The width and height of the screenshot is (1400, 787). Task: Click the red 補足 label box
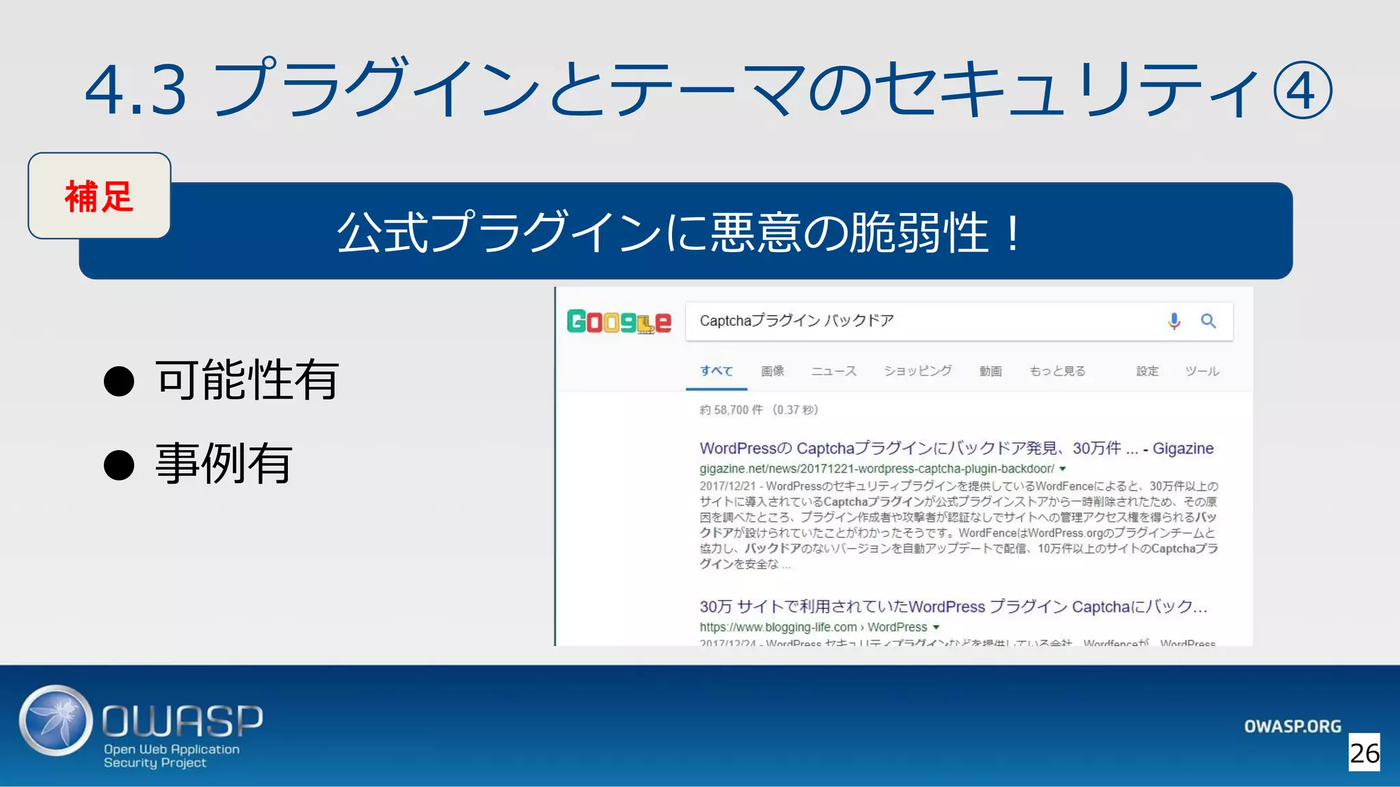tap(99, 196)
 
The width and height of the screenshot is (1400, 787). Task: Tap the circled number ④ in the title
tap(1302, 90)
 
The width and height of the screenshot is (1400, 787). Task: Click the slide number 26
tap(1364, 753)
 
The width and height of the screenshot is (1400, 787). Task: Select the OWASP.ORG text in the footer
tap(1292, 726)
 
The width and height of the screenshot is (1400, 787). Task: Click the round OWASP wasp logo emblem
tap(56, 721)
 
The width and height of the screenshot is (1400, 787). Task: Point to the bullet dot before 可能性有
tap(119, 381)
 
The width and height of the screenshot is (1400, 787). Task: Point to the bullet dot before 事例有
tap(119, 465)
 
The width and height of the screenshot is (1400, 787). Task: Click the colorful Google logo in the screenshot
tap(619, 321)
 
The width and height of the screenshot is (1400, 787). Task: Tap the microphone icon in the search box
tap(1174, 321)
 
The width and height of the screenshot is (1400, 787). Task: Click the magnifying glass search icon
tap(1208, 321)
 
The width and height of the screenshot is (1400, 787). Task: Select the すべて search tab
tap(716, 371)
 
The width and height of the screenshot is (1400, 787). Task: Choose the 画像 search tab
tap(772, 371)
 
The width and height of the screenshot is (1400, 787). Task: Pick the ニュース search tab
tap(833, 371)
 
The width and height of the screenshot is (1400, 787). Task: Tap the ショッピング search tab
tap(917, 371)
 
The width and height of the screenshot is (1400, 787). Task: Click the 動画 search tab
tap(990, 371)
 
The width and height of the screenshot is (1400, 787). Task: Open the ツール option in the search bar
tap(1202, 371)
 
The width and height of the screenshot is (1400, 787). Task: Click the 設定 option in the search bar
tap(1147, 371)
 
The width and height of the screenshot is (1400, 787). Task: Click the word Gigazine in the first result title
tap(1183, 448)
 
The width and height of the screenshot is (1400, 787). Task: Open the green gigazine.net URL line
tap(876, 469)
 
